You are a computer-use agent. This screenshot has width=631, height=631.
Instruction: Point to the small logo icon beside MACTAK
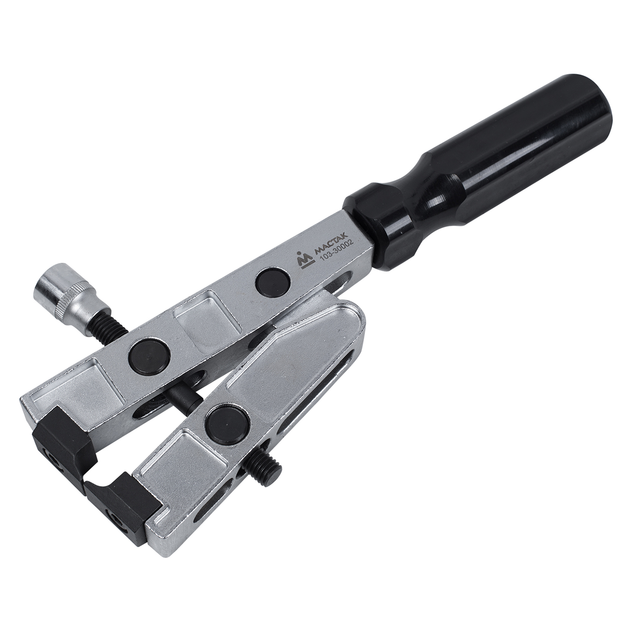click(x=303, y=260)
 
